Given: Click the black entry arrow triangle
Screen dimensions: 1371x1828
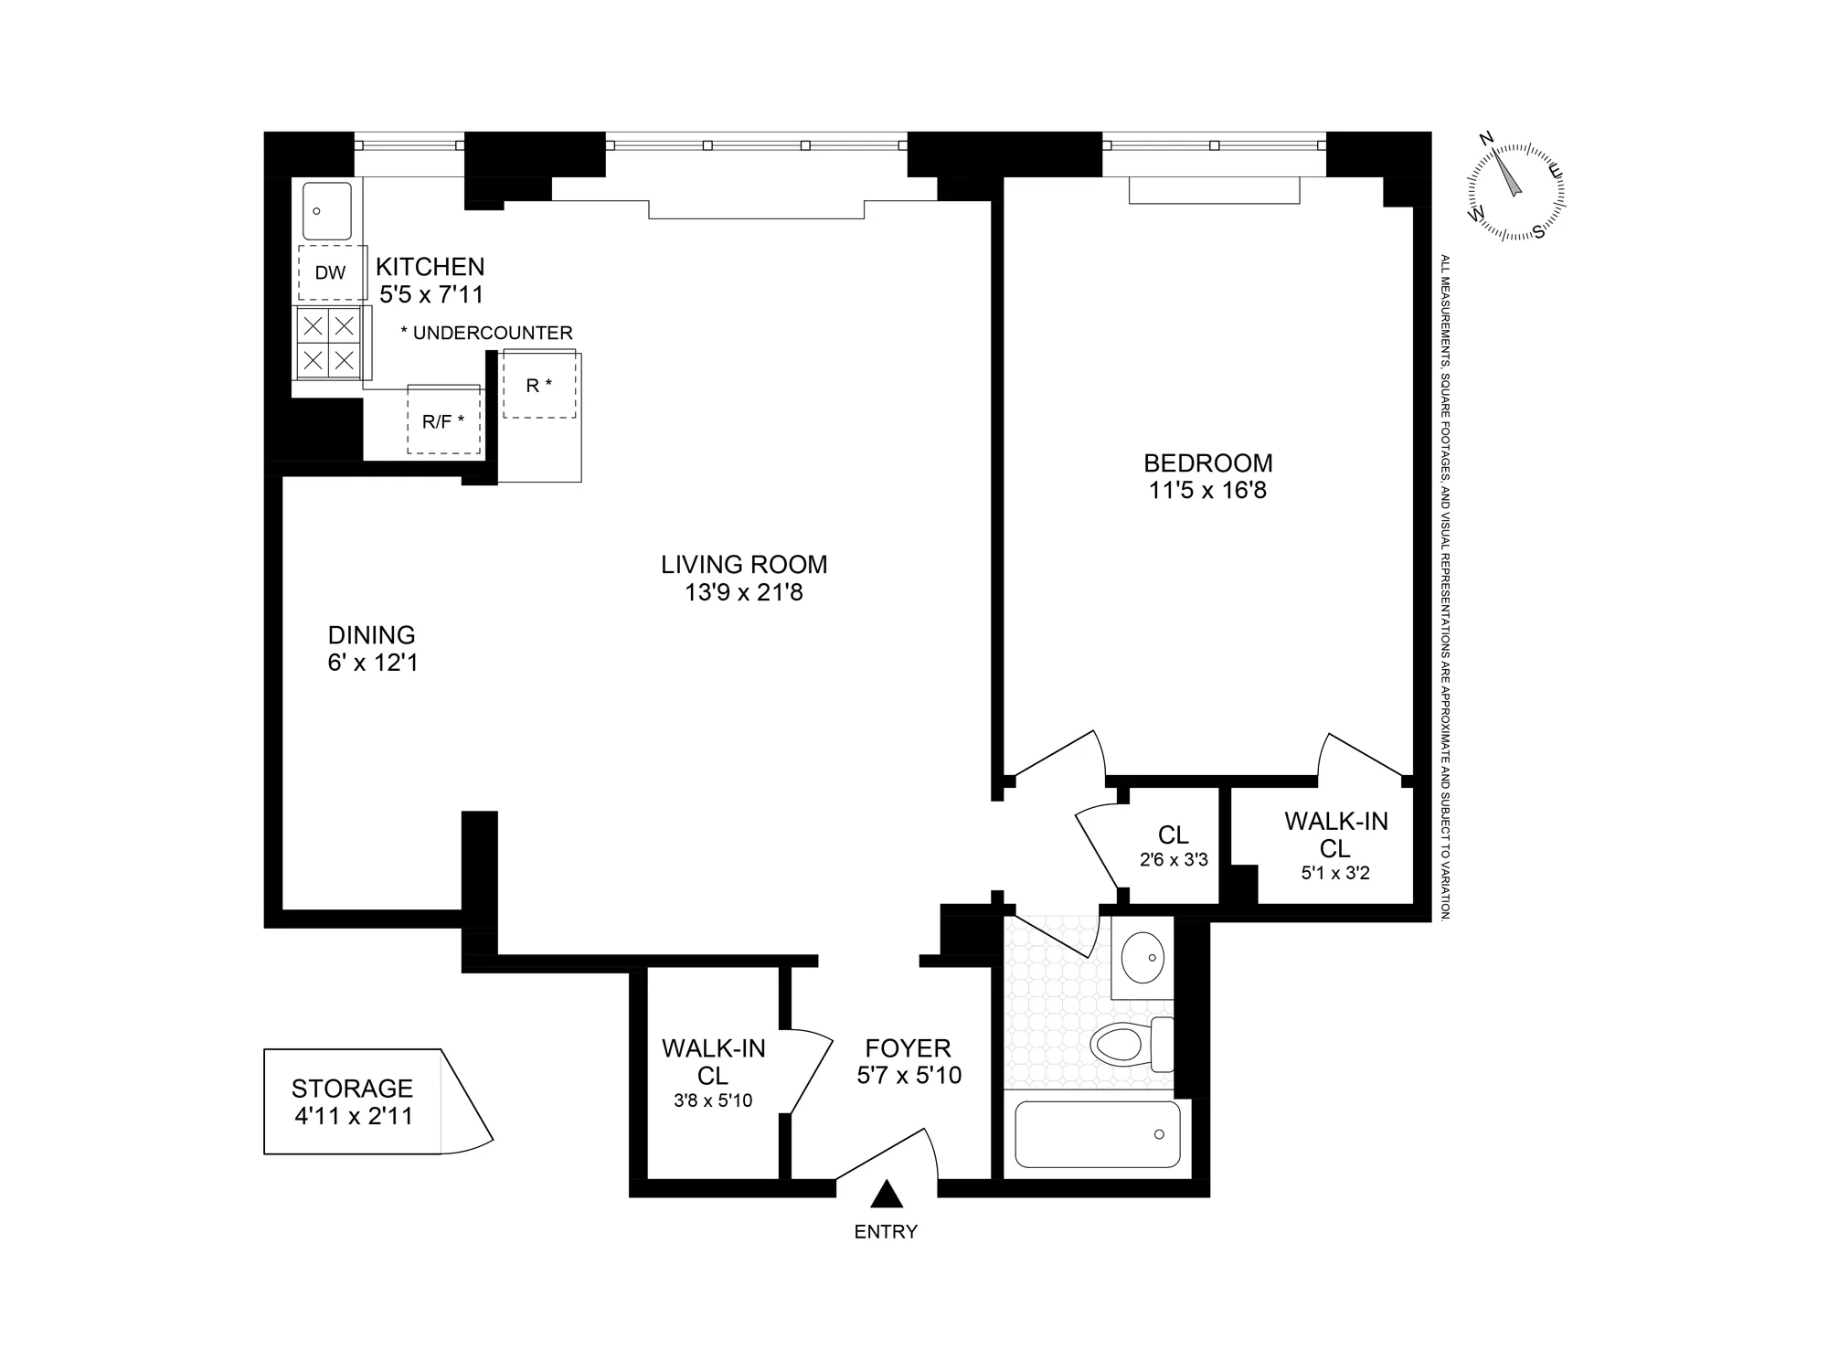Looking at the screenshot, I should (x=886, y=1195).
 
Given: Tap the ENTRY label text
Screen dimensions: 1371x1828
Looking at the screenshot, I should (x=886, y=1232).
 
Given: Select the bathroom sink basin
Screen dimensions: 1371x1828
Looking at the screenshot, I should (x=1142, y=957).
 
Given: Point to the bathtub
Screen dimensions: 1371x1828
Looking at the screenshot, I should (x=1097, y=1134).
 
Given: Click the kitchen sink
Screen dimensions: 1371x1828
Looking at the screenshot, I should (x=326, y=210).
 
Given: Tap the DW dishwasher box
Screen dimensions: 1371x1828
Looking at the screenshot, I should (x=331, y=272).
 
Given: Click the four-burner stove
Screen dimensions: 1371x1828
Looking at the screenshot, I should (x=329, y=342).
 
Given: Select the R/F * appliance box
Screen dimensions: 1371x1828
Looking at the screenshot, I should (x=443, y=420).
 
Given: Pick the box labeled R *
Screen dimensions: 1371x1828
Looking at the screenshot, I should (x=539, y=385).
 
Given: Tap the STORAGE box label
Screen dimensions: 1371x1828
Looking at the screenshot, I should (x=352, y=1089).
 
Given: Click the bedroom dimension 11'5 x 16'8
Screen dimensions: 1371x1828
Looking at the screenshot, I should (x=1207, y=491).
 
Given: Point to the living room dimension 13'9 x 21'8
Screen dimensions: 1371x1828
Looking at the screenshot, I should (x=744, y=593).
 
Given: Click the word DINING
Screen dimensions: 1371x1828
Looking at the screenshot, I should (x=371, y=634).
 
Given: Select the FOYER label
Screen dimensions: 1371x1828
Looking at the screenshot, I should (x=908, y=1047).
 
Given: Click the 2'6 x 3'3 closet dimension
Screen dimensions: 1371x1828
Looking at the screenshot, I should (x=1174, y=860).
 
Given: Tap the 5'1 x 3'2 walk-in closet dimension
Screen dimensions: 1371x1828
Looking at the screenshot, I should (x=1335, y=873).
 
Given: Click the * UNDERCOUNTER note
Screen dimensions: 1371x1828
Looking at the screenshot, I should (x=486, y=333).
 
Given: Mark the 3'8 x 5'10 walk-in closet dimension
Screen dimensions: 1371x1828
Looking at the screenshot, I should (x=713, y=1101).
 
